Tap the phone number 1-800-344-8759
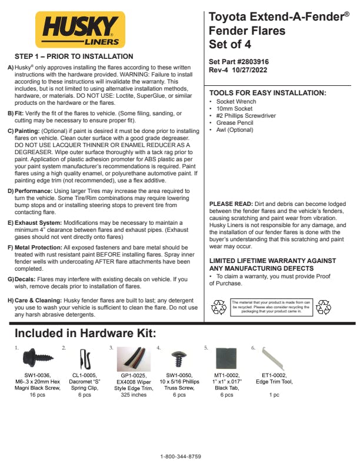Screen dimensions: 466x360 tap(181, 457)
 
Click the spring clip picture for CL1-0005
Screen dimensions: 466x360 tap(82, 358)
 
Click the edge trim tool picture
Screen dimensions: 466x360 tap(269, 356)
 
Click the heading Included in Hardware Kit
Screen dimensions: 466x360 tap(85, 334)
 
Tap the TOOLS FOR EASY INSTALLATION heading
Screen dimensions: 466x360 tap(268, 93)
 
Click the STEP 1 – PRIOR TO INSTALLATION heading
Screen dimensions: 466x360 tap(74, 56)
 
